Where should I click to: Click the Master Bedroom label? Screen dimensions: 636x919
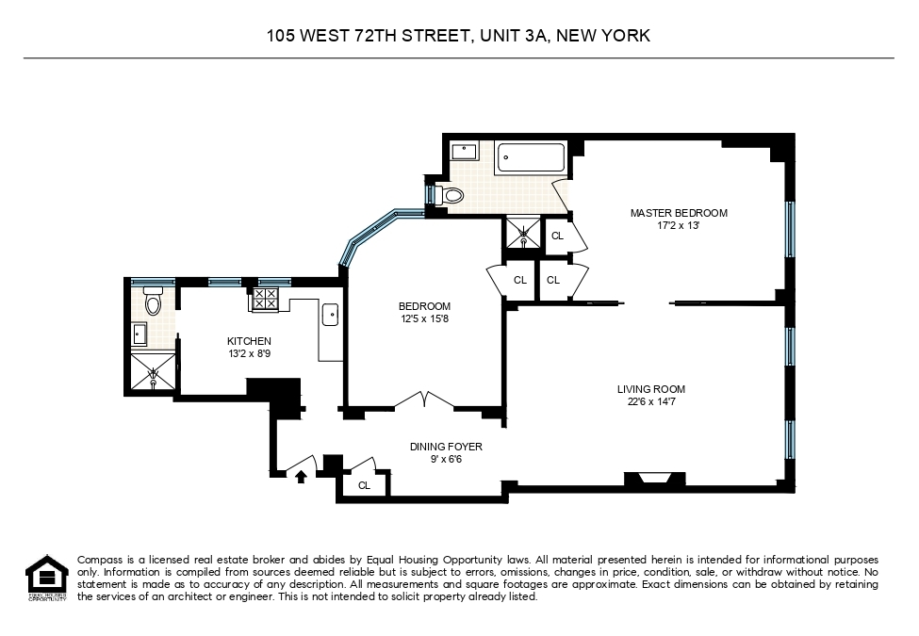click(x=679, y=213)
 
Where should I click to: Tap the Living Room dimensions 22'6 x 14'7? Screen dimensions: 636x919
click(x=650, y=402)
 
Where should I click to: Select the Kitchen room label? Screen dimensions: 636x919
click(x=249, y=341)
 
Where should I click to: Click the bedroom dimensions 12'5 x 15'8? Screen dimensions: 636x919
click(x=424, y=319)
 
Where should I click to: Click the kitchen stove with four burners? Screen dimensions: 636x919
click(x=264, y=300)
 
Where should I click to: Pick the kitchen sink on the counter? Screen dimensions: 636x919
click(x=331, y=315)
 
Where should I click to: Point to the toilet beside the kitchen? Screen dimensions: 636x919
click(x=155, y=302)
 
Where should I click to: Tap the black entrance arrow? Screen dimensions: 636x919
click(x=302, y=477)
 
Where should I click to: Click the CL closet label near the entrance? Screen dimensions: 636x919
click(x=364, y=486)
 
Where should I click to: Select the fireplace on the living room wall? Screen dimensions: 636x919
click(x=654, y=479)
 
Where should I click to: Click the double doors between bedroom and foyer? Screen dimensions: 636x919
click(x=424, y=401)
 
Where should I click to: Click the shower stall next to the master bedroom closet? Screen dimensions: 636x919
click(x=523, y=233)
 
